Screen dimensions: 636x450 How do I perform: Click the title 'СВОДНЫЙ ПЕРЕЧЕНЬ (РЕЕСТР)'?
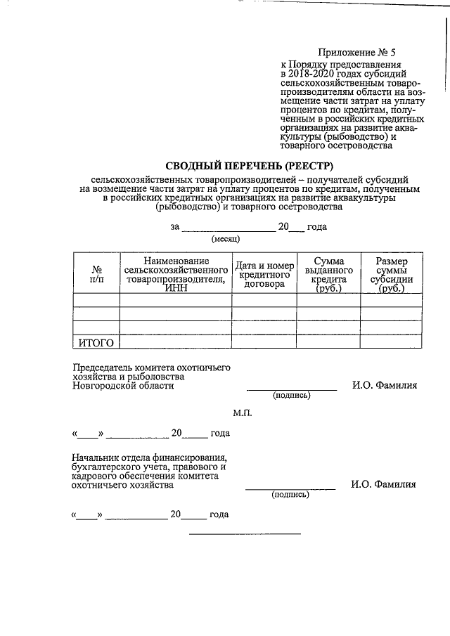[223, 166]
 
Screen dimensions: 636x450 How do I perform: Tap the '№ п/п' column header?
[96, 274]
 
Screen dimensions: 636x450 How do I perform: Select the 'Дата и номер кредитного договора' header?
[265, 275]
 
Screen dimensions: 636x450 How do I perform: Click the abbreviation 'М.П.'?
[243, 413]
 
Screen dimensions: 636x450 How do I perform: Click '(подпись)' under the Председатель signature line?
[291, 396]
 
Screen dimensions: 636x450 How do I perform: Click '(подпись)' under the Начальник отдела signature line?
[290, 495]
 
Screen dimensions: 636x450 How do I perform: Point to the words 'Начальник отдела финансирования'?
[148, 457]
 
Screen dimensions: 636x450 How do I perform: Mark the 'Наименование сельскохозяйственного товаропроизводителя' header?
[176, 275]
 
